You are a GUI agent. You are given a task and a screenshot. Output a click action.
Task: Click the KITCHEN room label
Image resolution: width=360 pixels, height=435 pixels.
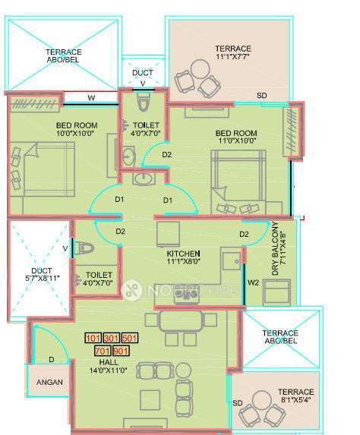coord(183,258)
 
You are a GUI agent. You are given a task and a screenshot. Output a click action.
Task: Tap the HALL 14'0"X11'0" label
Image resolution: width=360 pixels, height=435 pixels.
coord(112,366)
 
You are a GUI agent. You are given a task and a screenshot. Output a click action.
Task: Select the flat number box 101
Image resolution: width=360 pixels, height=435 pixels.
coord(93,338)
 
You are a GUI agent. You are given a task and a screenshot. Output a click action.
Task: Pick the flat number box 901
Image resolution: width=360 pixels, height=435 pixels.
coord(121,350)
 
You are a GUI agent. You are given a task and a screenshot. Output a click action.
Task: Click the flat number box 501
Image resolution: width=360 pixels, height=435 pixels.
coord(130,338)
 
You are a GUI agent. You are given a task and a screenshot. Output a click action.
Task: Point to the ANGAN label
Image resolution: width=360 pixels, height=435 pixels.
coord(50,383)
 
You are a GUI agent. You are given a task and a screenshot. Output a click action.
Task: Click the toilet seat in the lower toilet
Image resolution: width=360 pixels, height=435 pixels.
coord(86,247)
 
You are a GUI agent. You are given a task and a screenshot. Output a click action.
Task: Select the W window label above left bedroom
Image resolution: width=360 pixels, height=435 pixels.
coord(91,98)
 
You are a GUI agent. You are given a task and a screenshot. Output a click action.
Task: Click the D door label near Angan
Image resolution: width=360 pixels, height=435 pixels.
coord(52,359)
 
